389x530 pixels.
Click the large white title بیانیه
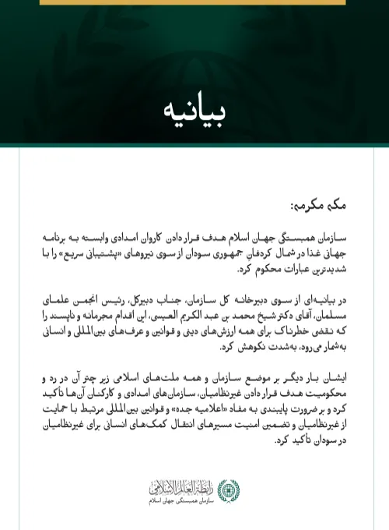click(195, 110)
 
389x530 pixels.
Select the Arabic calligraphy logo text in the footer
click(183, 488)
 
